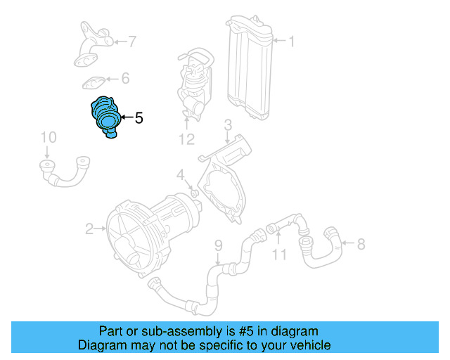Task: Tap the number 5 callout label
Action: [x=139, y=119]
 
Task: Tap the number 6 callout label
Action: [x=125, y=78]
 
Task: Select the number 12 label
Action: [x=186, y=139]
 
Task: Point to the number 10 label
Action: [x=48, y=136]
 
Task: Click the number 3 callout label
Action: [x=228, y=125]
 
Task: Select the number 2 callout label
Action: [x=90, y=229]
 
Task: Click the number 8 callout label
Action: [x=361, y=245]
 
